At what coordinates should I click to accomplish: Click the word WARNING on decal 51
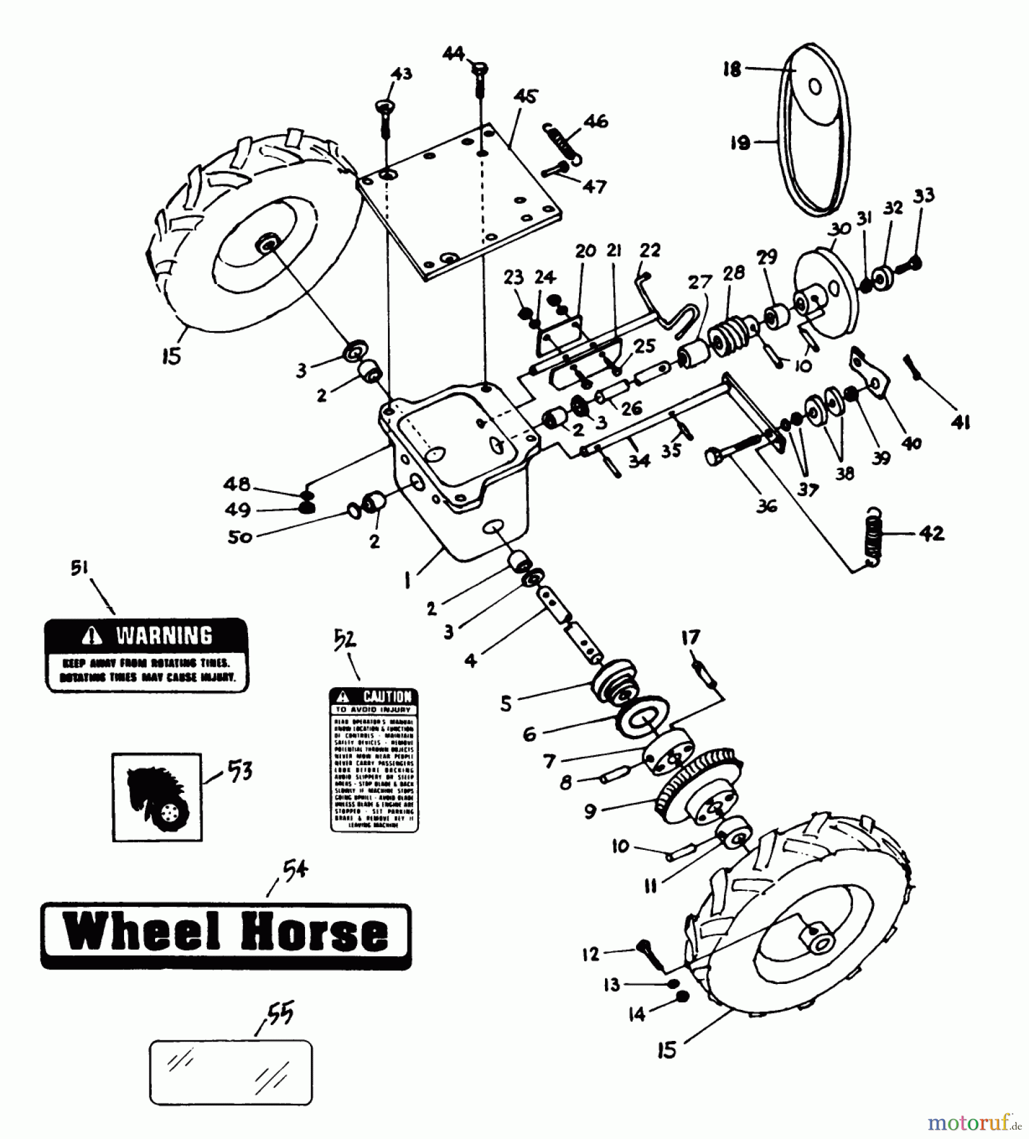point(164,635)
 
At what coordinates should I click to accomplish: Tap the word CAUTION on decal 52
point(387,696)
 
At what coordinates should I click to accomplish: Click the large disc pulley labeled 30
point(826,294)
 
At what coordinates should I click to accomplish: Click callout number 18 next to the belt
point(732,70)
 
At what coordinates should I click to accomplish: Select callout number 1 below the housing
point(408,580)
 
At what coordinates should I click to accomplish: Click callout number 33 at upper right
point(925,196)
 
